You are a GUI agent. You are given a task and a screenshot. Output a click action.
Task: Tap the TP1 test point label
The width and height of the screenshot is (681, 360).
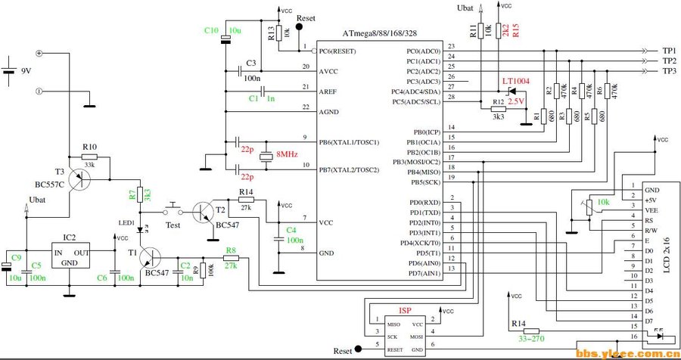coord(669,50)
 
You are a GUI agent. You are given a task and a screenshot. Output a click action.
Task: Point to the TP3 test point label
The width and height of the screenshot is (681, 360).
coord(669,70)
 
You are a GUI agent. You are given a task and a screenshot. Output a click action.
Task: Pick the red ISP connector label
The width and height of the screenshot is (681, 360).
coord(405,312)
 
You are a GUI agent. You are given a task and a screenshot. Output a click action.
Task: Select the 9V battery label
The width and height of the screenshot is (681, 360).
coord(26,71)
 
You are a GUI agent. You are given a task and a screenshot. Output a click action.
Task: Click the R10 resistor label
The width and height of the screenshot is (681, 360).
coord(90,146)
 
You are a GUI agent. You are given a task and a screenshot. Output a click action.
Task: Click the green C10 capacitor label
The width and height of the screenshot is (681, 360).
coord(211,30)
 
